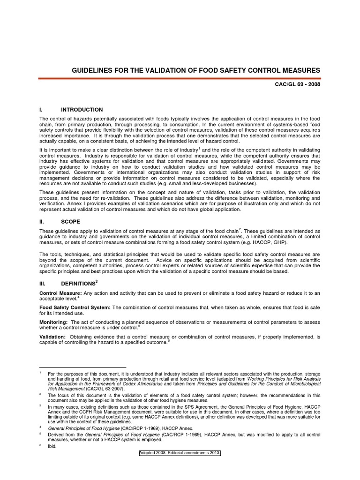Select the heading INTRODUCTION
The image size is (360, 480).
tap(82, 110)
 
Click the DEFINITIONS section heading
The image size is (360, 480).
tap(78, 284)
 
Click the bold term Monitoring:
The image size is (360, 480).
tap(53, 322)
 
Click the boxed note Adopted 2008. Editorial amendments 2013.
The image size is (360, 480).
tap(180, 453)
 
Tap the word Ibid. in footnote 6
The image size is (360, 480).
tap(52, 446)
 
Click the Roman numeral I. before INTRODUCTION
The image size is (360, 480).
tap(41, 110)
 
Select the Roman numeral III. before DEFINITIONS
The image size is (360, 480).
tap(43, 284)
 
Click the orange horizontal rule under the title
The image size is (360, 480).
tap(180, 79)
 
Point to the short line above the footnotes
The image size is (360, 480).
tap(82, 367)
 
